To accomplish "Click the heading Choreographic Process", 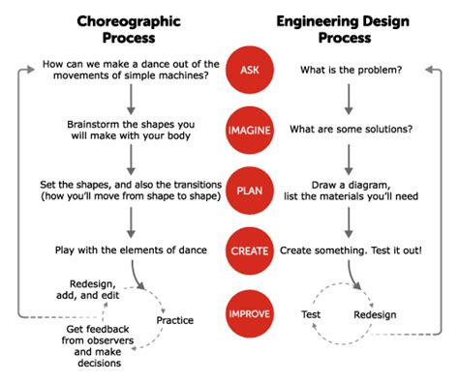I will pyautogui.click(x=129, y=29).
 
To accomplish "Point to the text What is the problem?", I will pyautogui.click(x=351, y=71).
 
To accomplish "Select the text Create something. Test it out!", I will pyautogui.click(x=351, y=250).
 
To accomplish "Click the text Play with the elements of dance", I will pyautogui.click(x=130, y=250).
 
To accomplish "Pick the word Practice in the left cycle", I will pyautogui.click(x=174, y=320).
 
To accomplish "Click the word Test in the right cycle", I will pyautogui.click(x=310, y=314).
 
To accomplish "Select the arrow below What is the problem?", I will pyautogui.click(x=351, y=100).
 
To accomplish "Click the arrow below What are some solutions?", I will pyautogui.click(x=351, y=160).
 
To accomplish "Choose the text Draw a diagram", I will pyautogui.click(x=351, y=184).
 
